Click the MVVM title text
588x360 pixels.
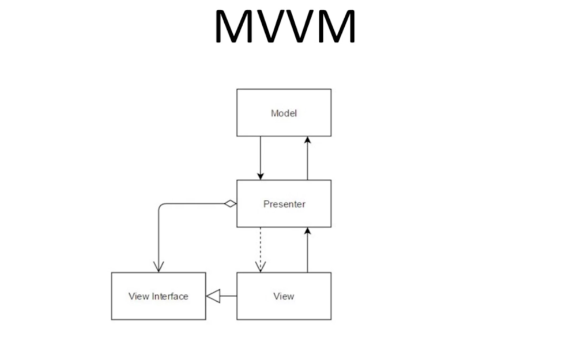[285, 26]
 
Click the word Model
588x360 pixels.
[284, 113]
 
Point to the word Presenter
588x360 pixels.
[284, 204]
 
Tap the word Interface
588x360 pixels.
[170, 296]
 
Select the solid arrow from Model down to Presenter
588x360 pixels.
[261, 157]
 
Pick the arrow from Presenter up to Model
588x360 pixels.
[307, 159]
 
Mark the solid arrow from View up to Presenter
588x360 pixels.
[307, 251]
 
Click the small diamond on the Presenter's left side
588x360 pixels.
[231, 203]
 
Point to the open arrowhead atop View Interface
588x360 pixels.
[159, 266]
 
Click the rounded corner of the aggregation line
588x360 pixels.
[162, 207]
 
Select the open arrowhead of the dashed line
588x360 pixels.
[261, 266]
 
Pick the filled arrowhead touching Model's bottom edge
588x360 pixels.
[307, 141]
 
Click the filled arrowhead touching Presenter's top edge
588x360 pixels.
[261, 175]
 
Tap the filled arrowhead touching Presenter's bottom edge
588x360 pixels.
[307, 231]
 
